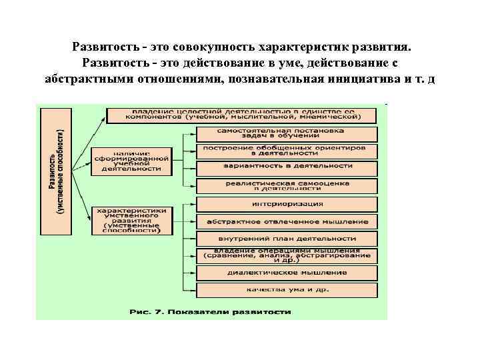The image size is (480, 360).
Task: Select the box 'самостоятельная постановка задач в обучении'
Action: pos(287,133)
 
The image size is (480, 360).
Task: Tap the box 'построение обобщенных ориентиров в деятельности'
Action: pos(287,151)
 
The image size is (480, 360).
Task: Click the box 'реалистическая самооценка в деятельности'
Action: pos(287,186)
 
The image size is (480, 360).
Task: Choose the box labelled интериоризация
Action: pos(287,203)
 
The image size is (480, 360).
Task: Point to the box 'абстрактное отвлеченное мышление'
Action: pos(287,221)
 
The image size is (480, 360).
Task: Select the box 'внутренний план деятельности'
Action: pos(287,238)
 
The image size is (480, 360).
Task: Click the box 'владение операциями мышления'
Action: pos(287,255)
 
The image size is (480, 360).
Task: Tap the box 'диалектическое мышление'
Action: pos(287,273)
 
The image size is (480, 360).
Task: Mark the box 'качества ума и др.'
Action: pos(287,290)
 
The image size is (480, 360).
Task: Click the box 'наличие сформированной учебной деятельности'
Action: pos(131,161)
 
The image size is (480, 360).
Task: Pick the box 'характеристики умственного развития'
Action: pos(131,221)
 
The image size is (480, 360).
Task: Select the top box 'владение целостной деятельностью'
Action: pos(242,114)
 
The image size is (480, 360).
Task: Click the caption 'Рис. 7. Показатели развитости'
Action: pos(211,311)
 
